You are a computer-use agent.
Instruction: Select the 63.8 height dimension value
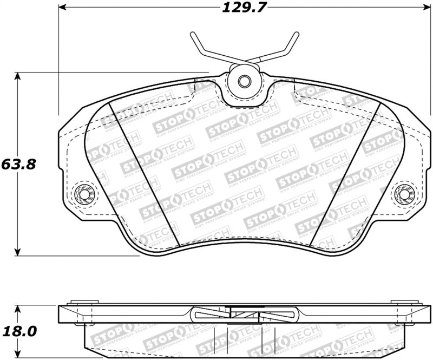pyautogui.click(x=19, y=163)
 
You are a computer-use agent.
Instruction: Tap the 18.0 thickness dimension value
pyautogui.click(x=19, y=330)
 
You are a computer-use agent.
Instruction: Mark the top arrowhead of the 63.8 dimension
pyautogui.click(x=19, y=76)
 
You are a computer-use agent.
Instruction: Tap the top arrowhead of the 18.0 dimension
pyautogui.click(x=19, y=308)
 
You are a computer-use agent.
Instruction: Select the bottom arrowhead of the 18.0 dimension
pyautogui.click(x=19, y=353)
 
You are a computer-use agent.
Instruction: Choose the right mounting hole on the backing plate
pyautogui.click(x=403, y=193)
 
